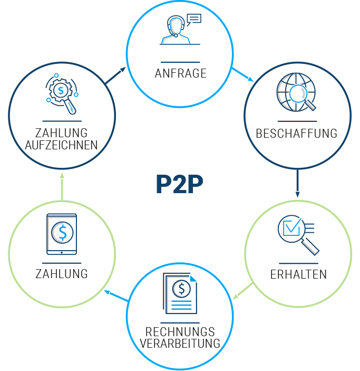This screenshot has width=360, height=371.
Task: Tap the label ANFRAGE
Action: [x=180, y=74]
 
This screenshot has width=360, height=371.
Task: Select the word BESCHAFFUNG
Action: [x=296, y=134]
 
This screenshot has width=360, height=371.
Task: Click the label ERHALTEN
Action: [x=298, y=275]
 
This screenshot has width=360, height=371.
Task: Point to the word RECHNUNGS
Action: [x=180, y=332]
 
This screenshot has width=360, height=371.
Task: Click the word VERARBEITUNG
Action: [x=180, y=344]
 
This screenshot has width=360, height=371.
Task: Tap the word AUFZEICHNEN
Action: [x=62, y=145]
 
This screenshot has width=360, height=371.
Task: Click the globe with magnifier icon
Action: [x=296, y=93]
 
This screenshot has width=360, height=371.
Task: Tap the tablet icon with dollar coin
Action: [x=62, y=234]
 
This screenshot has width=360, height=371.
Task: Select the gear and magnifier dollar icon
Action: [x=62, y=95]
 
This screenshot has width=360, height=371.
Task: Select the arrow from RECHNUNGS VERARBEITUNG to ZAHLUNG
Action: [x=116, y=296]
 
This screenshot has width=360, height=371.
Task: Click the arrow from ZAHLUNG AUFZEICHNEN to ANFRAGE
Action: [x=116, y=75]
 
